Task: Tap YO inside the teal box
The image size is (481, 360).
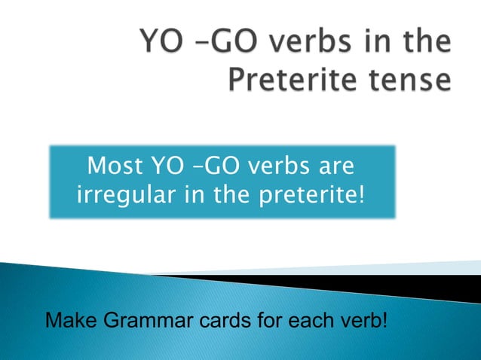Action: point(169,165)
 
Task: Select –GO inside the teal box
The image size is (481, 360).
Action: point(219,165)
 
